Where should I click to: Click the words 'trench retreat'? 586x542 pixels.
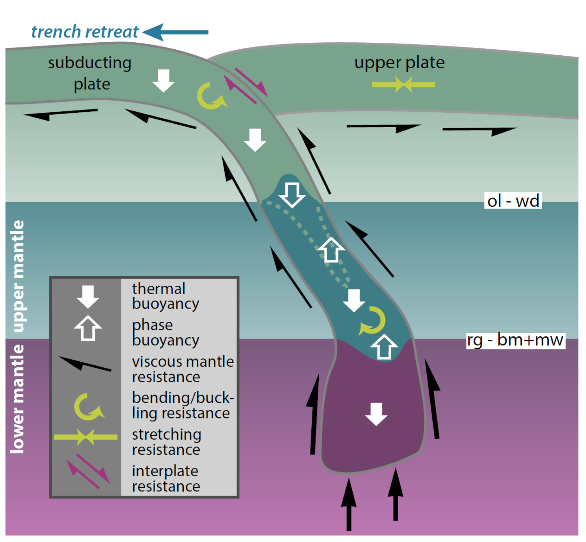coord(85,32)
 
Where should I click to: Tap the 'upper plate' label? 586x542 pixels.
coord(399,62)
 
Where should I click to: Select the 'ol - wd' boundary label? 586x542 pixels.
coord(513,201)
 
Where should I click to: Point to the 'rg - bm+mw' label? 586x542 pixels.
coord(515,340)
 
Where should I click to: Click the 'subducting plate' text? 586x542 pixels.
coord(90,73)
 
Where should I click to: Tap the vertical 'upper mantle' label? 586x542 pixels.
coord(18,276)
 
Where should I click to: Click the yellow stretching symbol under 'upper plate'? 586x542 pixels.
coord(403,85)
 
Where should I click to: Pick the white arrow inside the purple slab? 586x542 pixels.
coord(376,414)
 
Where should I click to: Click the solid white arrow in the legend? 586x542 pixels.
coord(88,297)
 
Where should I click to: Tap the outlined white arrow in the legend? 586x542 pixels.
coord(88,328)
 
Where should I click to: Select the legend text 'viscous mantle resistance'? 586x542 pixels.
coord(183,369)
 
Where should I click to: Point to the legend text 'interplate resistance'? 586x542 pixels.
coord(166,479)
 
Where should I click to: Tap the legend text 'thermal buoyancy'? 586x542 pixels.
coord(165,296)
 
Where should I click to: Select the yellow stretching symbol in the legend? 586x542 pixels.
coord(86,437)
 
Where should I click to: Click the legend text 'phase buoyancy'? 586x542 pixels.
coord(165,332)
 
